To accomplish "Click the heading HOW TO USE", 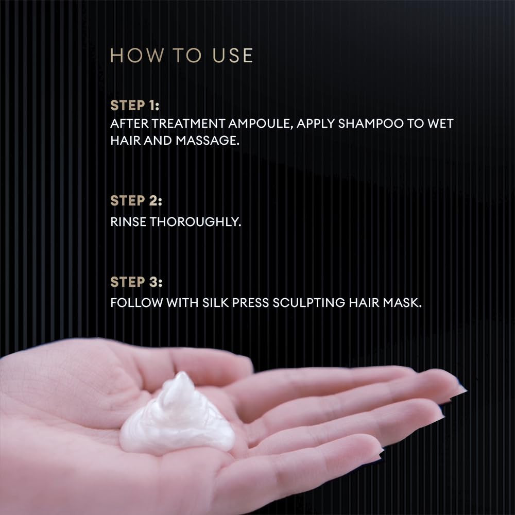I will (x=182, y=56).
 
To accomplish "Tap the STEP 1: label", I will (x=135, y=106).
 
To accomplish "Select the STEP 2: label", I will (x=136, y=201).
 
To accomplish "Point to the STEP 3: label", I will (x=136, y=282).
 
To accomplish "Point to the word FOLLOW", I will (x=136, y=302).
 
